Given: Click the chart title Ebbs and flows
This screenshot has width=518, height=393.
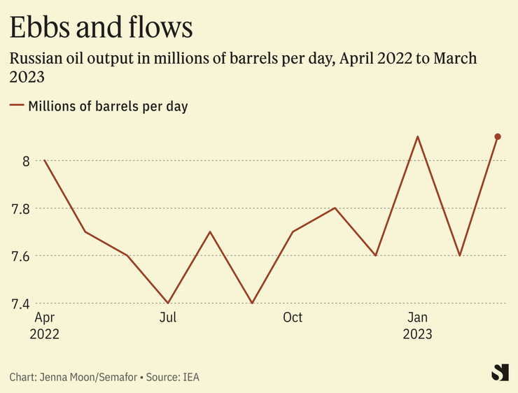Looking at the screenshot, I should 101,27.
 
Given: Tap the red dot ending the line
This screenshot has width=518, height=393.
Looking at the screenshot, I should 498,137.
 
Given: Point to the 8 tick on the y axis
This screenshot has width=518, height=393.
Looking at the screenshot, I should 25,161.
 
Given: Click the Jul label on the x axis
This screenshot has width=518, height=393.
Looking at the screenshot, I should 168,317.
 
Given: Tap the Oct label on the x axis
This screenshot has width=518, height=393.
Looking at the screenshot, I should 293,317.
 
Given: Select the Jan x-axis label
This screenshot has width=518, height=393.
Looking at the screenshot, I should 418,317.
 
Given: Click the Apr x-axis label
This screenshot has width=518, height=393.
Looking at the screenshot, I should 43,317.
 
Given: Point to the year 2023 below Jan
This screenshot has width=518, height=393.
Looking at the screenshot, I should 418,334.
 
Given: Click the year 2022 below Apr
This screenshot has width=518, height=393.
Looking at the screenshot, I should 45,334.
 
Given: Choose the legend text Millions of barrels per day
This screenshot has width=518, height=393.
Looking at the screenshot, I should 108,106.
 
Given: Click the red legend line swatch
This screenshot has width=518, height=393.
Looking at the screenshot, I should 17,106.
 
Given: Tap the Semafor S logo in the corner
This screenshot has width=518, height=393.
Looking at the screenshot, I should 499,372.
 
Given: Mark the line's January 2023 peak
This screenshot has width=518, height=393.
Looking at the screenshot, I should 418,137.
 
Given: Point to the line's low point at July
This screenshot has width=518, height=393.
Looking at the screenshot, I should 168,303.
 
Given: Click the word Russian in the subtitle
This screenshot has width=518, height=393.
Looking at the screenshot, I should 34,58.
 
